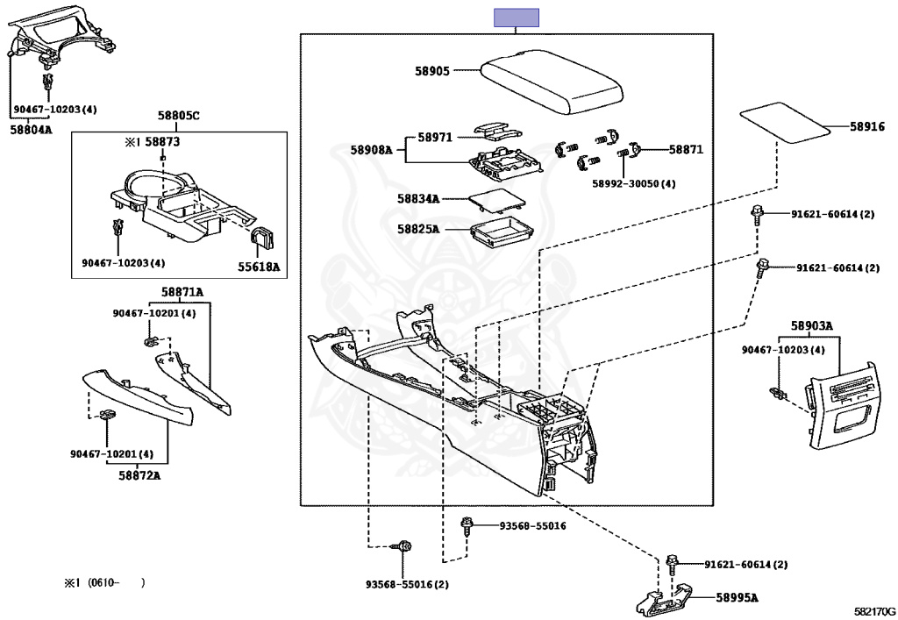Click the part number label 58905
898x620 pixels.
432,70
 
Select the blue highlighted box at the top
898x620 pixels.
517,18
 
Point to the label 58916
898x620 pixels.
866,127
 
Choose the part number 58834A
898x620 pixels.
417,199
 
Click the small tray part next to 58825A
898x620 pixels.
501,234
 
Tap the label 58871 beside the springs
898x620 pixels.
686,150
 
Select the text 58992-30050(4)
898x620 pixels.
633,184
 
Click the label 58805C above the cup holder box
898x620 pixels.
179,116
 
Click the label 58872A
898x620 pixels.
139,475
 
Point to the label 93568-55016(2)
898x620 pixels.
407,585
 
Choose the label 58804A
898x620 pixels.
32,129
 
